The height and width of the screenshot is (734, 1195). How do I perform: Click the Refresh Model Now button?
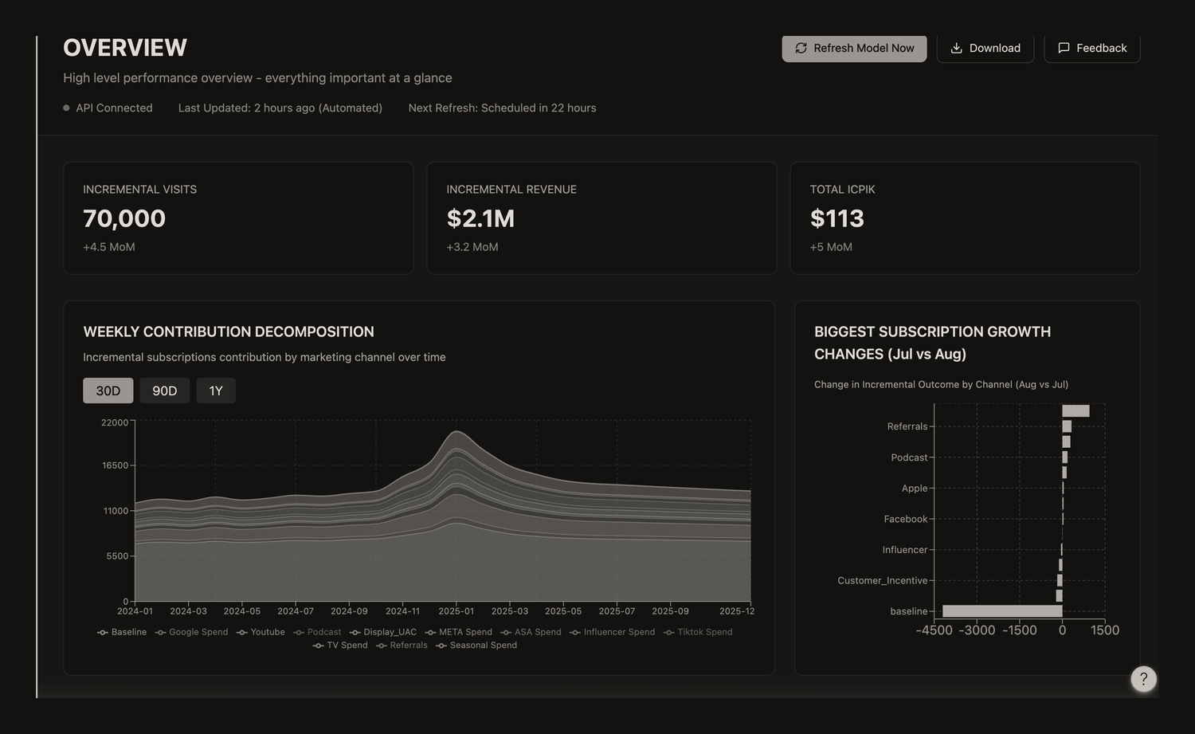[854, 48]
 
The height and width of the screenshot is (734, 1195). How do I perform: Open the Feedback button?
[1092, 48]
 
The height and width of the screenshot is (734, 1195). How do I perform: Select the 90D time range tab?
[164, 391]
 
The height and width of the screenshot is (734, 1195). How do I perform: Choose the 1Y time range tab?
[216, 391]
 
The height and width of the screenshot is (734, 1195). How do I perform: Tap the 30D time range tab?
[108, 391]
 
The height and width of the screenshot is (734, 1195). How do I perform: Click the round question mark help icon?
[1143, 679]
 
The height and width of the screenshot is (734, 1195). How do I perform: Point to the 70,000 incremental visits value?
[124, 218]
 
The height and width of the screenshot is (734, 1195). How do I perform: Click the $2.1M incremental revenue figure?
[480, 218]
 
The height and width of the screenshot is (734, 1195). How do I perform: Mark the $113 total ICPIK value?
[837, 218]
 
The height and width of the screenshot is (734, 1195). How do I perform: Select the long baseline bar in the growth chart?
[1002, 611]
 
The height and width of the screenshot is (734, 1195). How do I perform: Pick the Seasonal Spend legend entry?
[476, 646]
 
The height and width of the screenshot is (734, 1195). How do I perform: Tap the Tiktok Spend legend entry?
[698, 632]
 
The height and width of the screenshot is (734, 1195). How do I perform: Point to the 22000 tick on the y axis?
[115, 422]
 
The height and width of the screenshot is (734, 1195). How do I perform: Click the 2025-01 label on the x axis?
[456, 611]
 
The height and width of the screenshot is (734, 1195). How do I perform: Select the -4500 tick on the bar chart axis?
[934, 630]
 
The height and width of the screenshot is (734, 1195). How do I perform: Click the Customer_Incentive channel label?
[883, 580]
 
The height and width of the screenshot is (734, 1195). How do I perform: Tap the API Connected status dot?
[66, 108]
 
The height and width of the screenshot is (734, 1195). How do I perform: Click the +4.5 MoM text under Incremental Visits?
[109, 247]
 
